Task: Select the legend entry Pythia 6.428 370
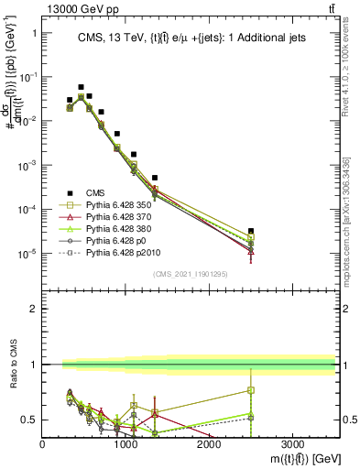tap(118, 218)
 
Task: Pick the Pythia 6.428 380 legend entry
tap(118, 229)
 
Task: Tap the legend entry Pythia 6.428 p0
tap(115, 240)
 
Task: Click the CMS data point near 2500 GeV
tap(251, 231)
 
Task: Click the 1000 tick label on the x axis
tap(125, 444)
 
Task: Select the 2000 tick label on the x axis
tap(209, 444)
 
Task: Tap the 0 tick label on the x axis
tap(43, 444)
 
